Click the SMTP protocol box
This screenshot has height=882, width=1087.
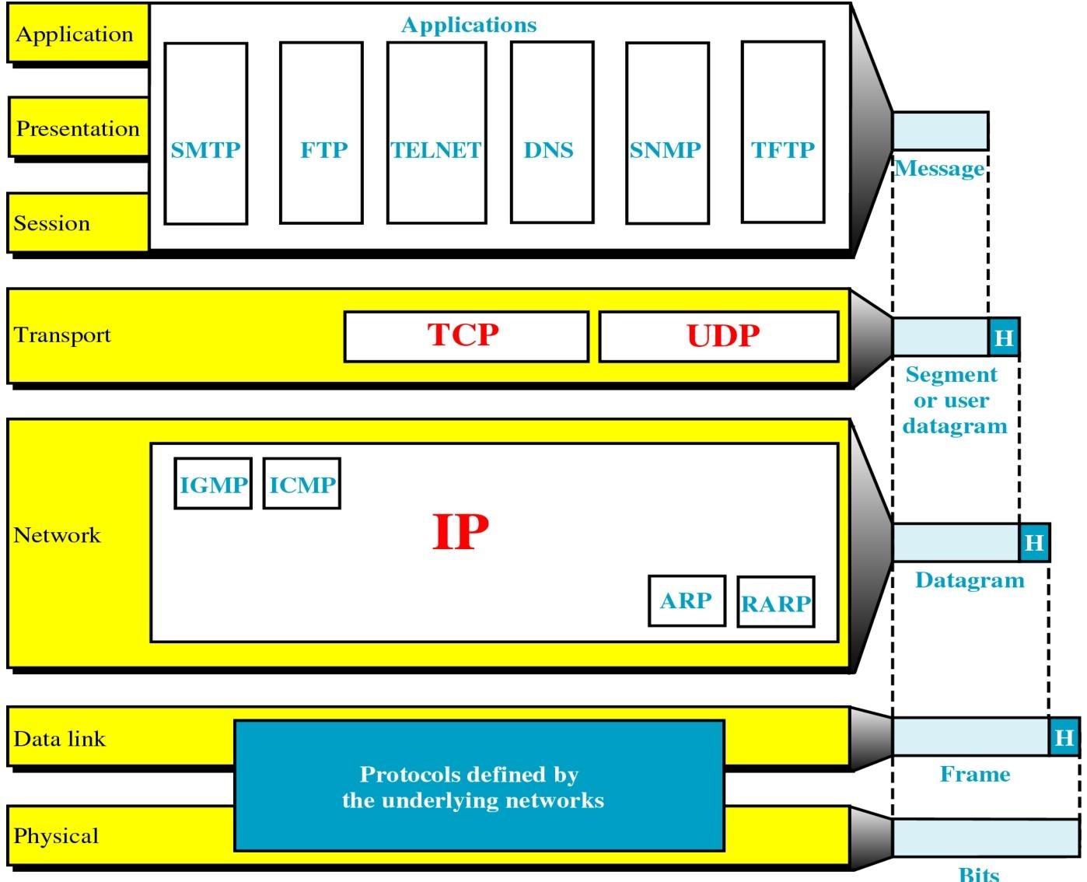pyautogui.click(x=206, y=134)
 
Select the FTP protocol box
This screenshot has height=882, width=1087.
pyautogui.click(x=321, y=134)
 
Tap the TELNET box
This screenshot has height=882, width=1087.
pyautogui.click(x=436, y=134)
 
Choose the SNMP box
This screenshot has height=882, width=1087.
pyautogui.click(x=667, y=134)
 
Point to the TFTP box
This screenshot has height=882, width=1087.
pyautogui.click(x=782, y=134)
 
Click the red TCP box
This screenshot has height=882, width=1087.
pyautogui.click(x=466, y=336)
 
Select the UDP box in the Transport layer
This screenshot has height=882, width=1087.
pyautogui.click(x=718, y=336)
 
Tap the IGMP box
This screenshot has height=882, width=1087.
pyautogui.click(x=213, y=484)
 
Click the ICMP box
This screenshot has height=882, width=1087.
pyautogui.click(x=302, y=484)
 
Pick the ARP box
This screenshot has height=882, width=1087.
pyautogui.click(x=687, y=600)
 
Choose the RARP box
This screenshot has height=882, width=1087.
pyautogui.click(x=775, y=602)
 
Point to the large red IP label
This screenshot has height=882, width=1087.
pyautogui.click(x=460, y=532)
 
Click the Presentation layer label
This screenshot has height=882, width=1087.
pyautogui.click(x=78, y=128)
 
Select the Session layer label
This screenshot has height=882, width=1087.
pyautogui.click(x=52, y=224)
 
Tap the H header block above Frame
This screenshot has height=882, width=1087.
pyautogui.click(x=1064, y=737)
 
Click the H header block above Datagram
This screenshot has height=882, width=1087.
pyautogui.click(x=1034, y=542)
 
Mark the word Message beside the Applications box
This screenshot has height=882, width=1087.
pyautogui.click(x=939, y=168)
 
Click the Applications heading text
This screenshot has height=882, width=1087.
pyautogui.click(x=469, y=25)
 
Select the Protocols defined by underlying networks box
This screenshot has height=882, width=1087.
pyautogui.click(x=479, y=786)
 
